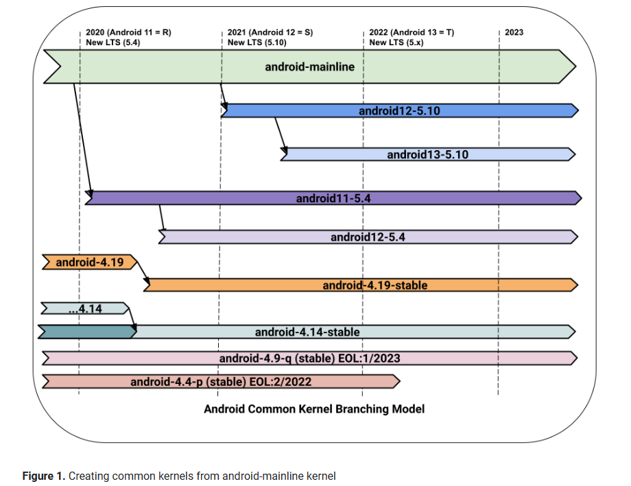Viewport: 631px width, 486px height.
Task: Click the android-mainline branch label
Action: [x=309, y=67]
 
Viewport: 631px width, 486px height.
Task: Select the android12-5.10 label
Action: [x=399, y=110]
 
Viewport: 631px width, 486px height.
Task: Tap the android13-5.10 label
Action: [x=427, y=154]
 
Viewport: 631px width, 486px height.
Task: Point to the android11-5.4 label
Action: [x=333, y=198]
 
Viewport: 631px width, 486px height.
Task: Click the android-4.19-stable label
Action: [x=374, y=284]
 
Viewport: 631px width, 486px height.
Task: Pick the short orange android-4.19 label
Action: [x=89, y=262]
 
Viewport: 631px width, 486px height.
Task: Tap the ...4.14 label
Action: [x=85, y=309]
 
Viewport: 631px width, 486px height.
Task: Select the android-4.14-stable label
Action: [x=307, y=332]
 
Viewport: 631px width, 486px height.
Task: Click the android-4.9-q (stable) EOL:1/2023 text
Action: [x=309, y=358]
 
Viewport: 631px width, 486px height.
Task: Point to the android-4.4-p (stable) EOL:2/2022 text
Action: [x=221, y=381]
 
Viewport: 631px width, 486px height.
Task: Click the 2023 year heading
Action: [x=514, y=32]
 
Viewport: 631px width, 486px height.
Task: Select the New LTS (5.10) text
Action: [x=257, y=42]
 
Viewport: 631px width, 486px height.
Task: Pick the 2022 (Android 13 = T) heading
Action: [x=411, y=32]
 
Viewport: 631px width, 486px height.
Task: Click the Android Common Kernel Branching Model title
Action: [x=314, y=409]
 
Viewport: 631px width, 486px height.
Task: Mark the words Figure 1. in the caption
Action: [x=44, y=476]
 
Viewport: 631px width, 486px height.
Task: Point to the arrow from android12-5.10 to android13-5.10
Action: [x=280, y=134]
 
